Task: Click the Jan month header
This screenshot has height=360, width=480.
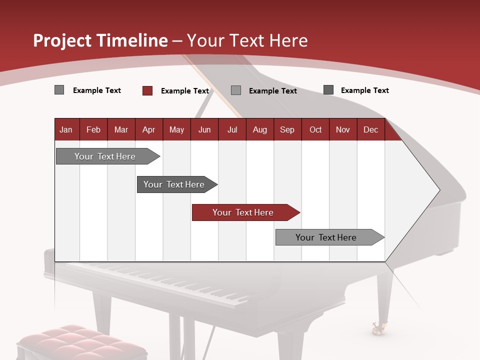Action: coord(66,129)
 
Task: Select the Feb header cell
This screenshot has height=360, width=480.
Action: coord(93,129)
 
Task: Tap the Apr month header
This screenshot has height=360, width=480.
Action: coord(148,129)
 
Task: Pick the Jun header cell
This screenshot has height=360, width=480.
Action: coord(204,129)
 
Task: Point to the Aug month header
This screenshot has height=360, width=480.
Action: coord(259,129)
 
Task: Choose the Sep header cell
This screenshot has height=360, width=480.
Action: coord(287,129)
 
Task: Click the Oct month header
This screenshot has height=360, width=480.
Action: coord(315,129)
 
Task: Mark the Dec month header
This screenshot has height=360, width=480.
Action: coord(370,129)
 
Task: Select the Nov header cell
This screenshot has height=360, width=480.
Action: coord(343,129)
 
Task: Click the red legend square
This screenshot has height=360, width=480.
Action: coord(147,90)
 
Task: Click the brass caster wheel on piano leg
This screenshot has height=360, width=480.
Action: coord(377,328)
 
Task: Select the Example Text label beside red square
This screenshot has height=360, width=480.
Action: coord(184,91)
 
